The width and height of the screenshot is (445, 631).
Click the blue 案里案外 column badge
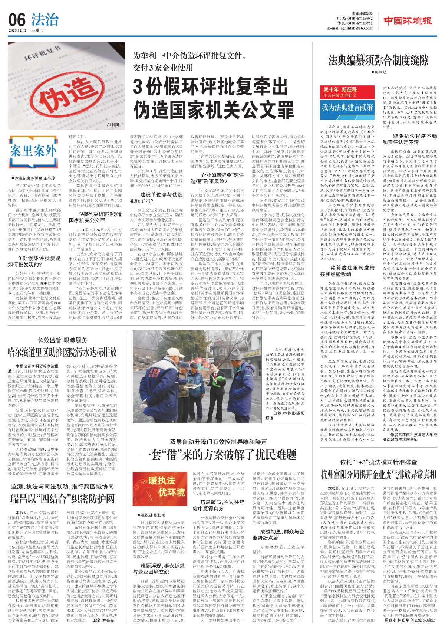(x=34, y=151)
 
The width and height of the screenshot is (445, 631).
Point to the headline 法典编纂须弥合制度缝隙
(x=378, y=60)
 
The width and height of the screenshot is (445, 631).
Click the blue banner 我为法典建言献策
(x=347, y=108)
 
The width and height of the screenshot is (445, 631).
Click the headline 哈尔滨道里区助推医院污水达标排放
(x=62, y=352)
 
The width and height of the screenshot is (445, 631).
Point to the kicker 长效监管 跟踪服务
(x=63, y=340)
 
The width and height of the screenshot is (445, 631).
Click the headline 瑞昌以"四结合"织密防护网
(x=62, y=498)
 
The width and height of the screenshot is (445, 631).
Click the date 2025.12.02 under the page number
(x=18, y=30)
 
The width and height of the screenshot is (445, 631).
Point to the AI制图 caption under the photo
(x=112, y=125)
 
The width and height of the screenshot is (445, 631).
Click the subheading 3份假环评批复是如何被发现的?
(x=34, y=261)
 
